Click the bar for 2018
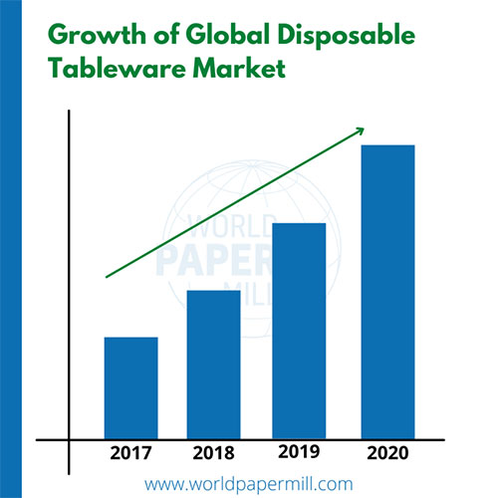[213, 364]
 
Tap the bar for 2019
[299, 330]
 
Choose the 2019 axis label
[299, 451]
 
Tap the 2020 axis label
[386, 454]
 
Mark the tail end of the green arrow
[108, 275]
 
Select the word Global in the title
[222, 38]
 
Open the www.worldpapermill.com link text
[249, 484]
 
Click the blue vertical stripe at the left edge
[7, 249]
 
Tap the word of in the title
[159, 38]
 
